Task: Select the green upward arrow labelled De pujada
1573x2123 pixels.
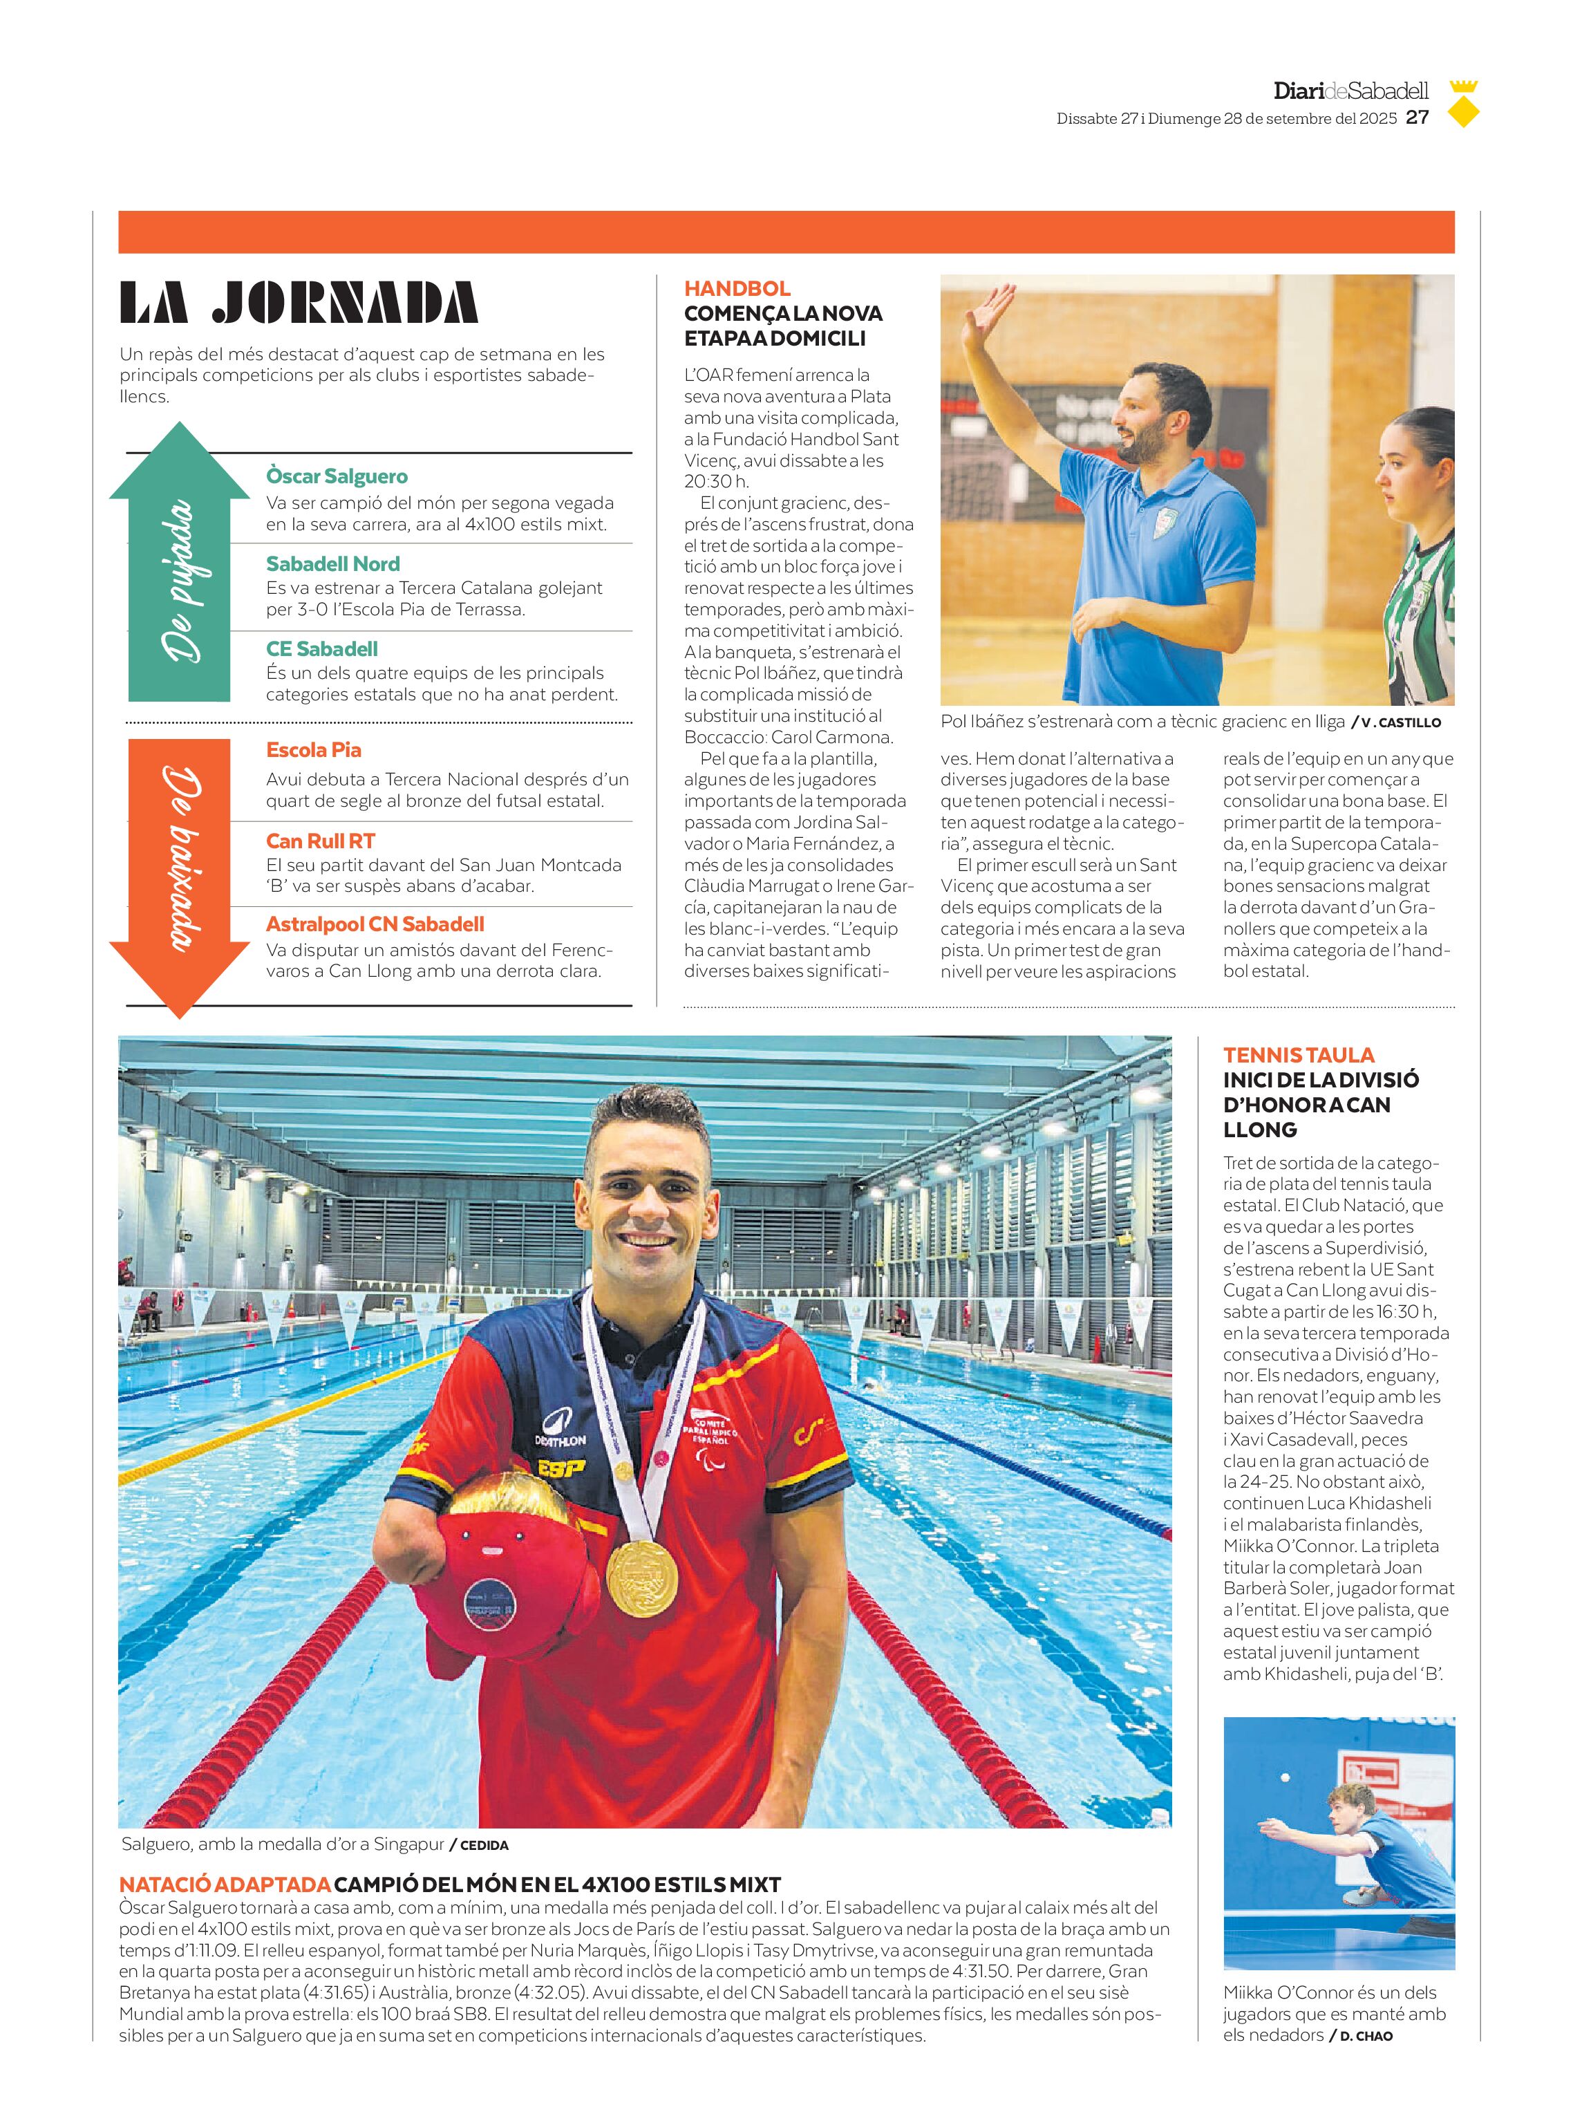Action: (180, 562)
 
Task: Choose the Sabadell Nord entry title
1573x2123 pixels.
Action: (332, 564)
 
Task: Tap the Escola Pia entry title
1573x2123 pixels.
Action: (313, 749)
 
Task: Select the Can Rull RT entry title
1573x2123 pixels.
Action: (320, 841)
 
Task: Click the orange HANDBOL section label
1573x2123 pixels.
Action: (737, 288)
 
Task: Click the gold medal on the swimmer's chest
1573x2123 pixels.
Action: (642, 1576)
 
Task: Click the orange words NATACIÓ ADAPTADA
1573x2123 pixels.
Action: (224, 1884)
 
